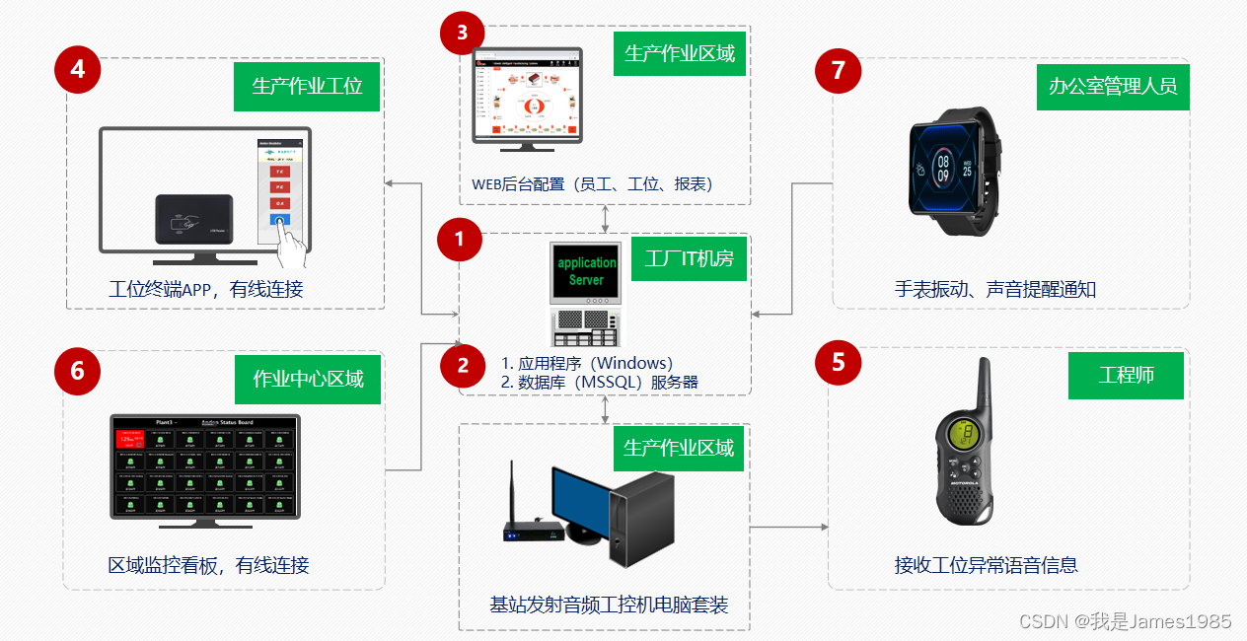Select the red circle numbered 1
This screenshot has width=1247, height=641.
pyautogui.click(x=459, y=240)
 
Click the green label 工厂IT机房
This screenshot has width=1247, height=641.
pyautogui.click(x=689, y=258)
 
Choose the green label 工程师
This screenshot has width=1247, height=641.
pyautogui.click(x=1126, y=376)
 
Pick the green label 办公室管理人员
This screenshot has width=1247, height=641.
pyautogui.click(x=1113, y=86)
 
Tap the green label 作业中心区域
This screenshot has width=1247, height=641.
pyautogui.click(x=308, y=379)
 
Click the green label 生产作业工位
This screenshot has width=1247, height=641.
pyautogui.click(x=307, y=86)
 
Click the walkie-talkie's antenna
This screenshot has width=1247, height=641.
pyautogui.click(x=983, y=385)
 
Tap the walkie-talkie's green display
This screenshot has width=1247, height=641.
pyautogui.click(x=963, y=433)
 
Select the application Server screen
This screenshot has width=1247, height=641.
pyautogui.click(x=586, y=272)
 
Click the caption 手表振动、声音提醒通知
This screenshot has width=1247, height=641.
pyautogui.click(x=994, y=290)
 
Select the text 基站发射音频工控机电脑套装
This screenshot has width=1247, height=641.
pyautogui.click(x=609, y=605)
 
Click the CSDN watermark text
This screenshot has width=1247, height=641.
pyautogui.click(x=1125, y=621)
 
